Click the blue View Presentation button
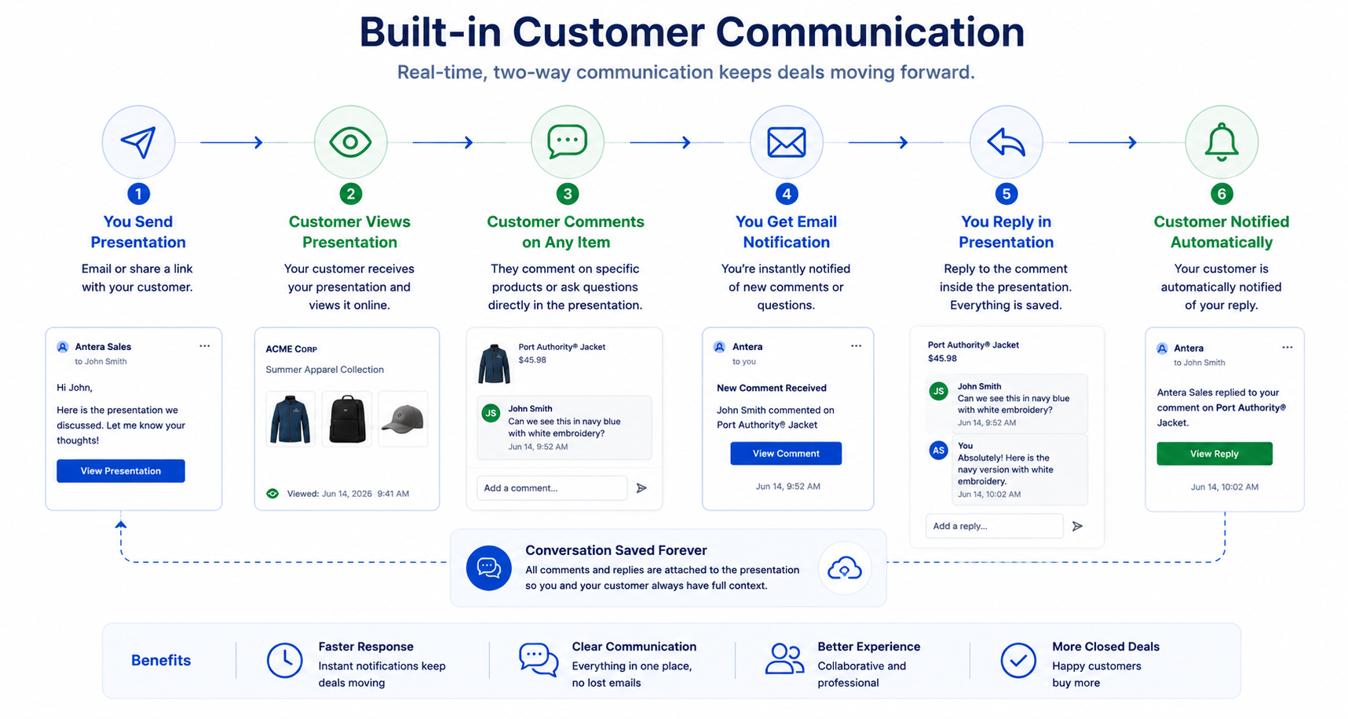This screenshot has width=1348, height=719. pyautogui.click(x=121, y=471)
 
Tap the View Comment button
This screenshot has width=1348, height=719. pyautogui.click(x=786, y=454)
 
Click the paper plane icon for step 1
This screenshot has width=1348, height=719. pyautogui.click(x=138, y=142)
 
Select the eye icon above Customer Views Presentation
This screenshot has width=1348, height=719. pyautogui.click(x=350, y=142)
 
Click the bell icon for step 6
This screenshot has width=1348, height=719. pyautogui.click(x=1222, y=142)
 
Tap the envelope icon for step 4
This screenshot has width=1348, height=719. pyautogui.click(x=787, y=142)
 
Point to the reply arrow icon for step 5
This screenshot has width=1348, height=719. pyautogui.click(x=1006, y=142)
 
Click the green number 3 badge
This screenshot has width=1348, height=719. pyautogui.click(x=567, y=194)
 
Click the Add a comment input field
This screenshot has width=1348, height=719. pyautogui.click(x=552, y=488)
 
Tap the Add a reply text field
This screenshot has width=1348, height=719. pyautogui.click(x=994, y=526)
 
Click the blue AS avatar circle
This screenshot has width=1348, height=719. pyautogui.click(x=938, y=451)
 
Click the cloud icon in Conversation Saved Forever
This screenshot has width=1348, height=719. pyautogui.click(x=845, y=568)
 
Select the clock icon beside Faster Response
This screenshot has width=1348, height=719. pyautogui.click(x=284, y=660)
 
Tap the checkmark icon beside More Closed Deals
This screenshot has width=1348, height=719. pyautogui.click(x=1018, y=660)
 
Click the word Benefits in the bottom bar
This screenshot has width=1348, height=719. pyautogui.click(x=161, y=660)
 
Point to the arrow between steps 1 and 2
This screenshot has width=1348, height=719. pyautogui.click(x=232, y=142)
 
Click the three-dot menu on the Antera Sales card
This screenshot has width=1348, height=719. pyautogui.click(x=204, y=346)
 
